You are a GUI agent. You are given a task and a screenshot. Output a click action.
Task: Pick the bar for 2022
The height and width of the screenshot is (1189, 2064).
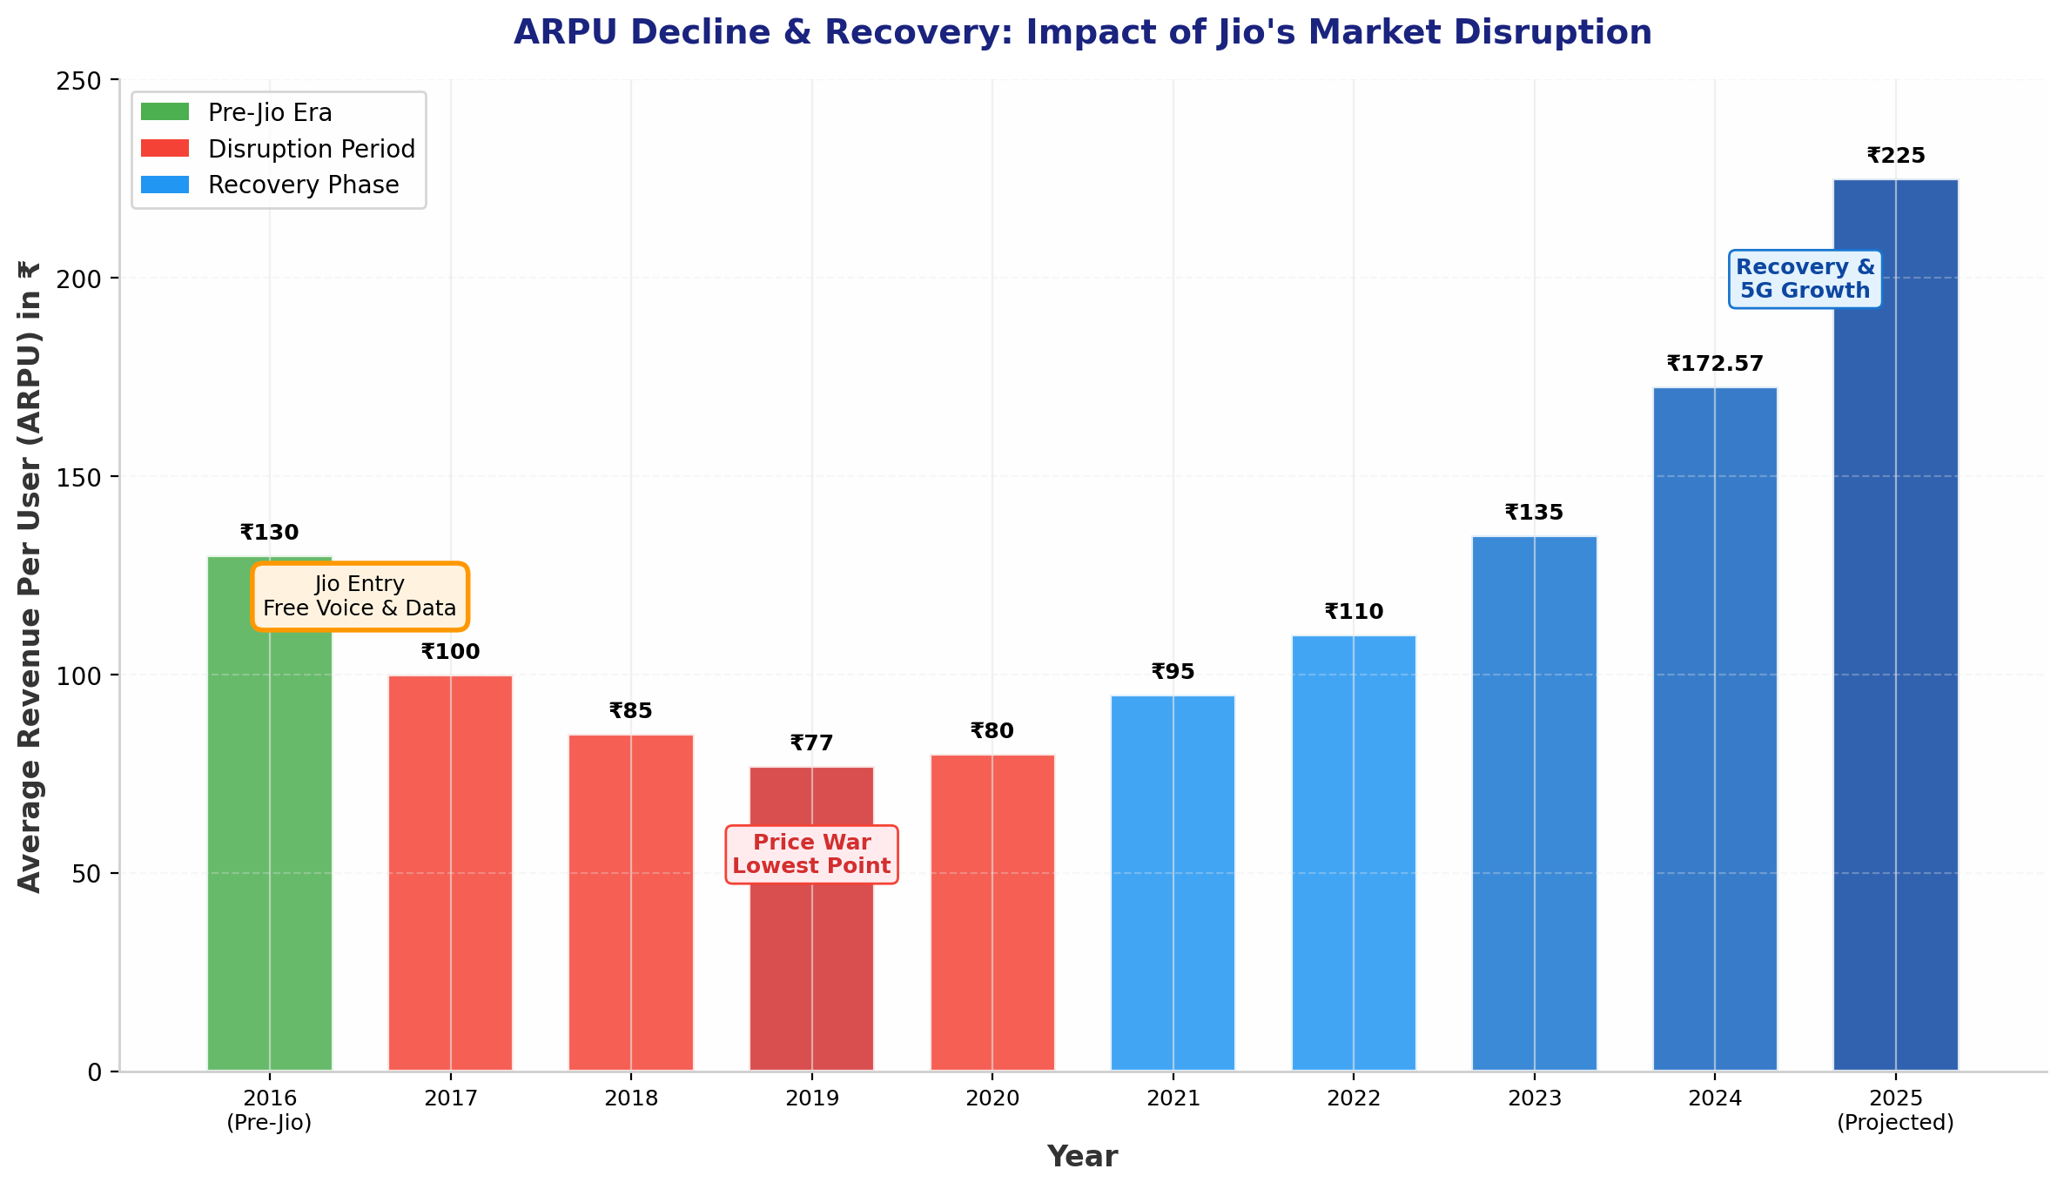point(1353,853)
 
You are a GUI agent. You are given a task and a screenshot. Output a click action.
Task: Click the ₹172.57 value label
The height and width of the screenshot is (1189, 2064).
point(1714,364)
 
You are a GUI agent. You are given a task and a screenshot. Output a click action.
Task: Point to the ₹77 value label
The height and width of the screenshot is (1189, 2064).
point(811,743)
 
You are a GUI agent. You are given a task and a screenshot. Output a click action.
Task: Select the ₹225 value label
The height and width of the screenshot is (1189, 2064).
point(1895,157)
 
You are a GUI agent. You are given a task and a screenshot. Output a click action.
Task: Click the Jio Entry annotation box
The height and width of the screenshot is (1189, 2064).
point(360,596)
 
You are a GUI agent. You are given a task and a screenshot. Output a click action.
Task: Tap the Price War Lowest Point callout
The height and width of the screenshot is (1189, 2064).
point(811,854)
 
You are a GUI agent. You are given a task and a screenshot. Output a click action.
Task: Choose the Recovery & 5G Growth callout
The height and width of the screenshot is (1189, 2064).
point(1805,279)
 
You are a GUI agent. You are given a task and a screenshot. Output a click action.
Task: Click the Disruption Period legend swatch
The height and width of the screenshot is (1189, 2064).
point(165,149)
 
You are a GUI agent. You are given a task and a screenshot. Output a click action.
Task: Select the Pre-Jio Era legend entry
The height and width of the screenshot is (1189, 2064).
point(270,112)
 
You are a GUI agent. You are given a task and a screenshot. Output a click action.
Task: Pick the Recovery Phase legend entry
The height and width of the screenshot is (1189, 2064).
point(303,185)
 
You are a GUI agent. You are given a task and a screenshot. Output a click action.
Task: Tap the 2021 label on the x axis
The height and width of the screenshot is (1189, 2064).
point(1173,1098)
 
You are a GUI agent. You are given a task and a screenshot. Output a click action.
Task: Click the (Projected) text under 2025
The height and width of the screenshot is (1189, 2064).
point(1895,1123)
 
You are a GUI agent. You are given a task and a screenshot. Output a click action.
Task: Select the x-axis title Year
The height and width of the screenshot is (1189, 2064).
point(1082,1157)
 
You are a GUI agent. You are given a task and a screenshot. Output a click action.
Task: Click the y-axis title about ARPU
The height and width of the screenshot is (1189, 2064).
point(30,576)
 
